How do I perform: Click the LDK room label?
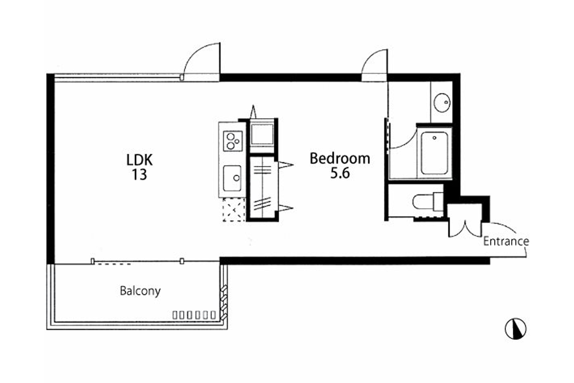[x=139, y=159]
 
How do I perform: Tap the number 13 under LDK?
[x=139, y=175]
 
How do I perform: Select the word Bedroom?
[x=340, y=158]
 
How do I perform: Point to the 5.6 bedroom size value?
[x=340, y=173]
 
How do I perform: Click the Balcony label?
[x=140, y=291]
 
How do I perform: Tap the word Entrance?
[x=506, y=241]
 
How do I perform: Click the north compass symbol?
[x=516, y=328]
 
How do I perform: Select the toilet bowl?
[x=428, y=202]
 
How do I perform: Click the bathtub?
[x=434, y=153]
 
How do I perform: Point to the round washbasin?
[x=442, y=102]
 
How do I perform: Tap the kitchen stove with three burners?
[x=232, y=141]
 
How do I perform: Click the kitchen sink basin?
[x=232, y=178]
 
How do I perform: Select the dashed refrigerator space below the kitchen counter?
[x=234, y=210]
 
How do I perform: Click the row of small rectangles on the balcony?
[x=194, y=315]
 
